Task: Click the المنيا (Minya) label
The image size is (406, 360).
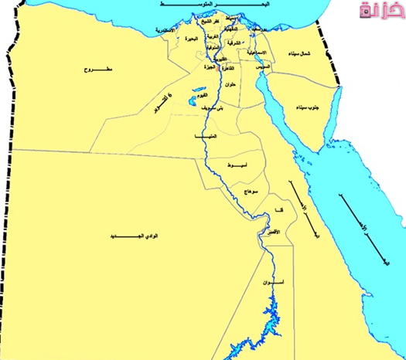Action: [207, 136]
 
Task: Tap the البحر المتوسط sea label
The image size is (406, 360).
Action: [193, 5]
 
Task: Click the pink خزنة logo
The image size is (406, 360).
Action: [380, 12]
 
